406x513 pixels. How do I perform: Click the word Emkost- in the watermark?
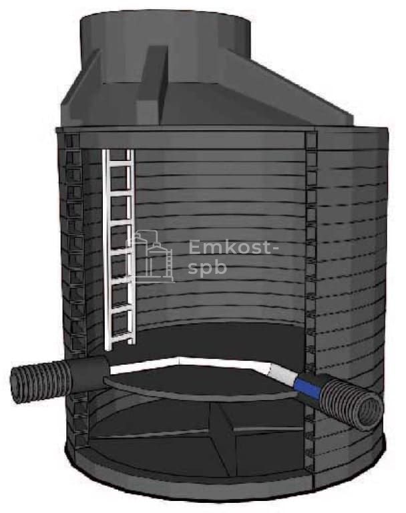(x=234, y=247)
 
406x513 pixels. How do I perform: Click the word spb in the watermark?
(x=208, y=268)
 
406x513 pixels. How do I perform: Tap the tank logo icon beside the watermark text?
(x=150, y=256)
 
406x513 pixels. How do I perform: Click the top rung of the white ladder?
(x=120, y=166)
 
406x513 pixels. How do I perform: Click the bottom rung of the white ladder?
(x=120, y=335)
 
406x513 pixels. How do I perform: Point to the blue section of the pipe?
(x=307, y=385)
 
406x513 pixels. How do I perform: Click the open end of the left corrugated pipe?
(x=16, y=385)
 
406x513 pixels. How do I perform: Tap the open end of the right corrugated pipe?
(x=371, y=413)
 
